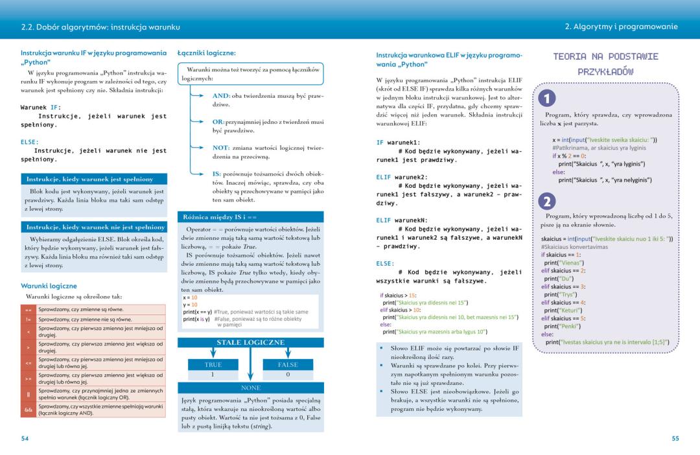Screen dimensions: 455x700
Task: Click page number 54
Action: pos(25,439)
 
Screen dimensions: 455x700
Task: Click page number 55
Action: pos(675,439)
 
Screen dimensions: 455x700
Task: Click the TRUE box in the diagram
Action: pos(213,365)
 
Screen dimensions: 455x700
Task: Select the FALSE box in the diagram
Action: pos(288,365)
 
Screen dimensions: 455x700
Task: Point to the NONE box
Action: pos(250,388)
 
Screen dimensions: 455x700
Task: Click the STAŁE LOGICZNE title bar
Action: pos(250,342)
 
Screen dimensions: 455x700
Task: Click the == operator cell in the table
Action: pos(28,310)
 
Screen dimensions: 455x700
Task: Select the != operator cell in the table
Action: pos(28,319)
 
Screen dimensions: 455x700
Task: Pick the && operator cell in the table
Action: pos(28,409)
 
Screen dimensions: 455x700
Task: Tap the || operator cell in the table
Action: pos(28,393)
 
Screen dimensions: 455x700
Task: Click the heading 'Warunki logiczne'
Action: pos(49,286)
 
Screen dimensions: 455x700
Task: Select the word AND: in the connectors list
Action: pos(221,96)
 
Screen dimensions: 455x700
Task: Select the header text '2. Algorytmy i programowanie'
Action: pos(621,27)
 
